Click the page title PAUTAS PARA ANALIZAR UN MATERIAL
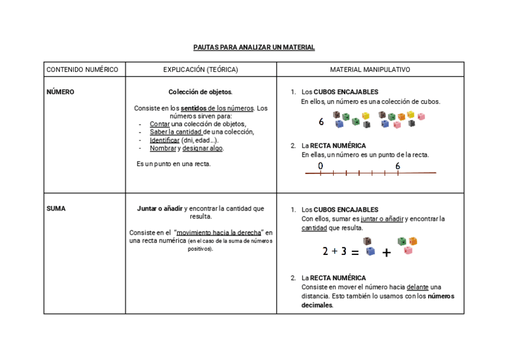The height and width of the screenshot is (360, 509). pyautogui.click(x=254, y=47)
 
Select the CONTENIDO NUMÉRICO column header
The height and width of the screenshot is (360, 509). pyautogui.click(x=82, y=70)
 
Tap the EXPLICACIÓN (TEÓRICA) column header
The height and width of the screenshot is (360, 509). pyautogui.click(x=200, y=70)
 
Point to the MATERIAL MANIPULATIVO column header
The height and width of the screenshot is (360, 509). pyautogui.click(x=370, y=70)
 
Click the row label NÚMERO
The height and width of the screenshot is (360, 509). pyautogui.click(x=61, y=92)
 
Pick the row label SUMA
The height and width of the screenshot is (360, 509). pyautogui.click(x=56, y=209)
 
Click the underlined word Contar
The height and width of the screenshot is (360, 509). pyautogui.click(x=160, y=124)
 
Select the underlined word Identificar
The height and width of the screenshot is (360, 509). pyautogui.click(x=164, y=140)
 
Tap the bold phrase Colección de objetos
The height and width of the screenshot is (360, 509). pyautogui.click(x=200, y=92)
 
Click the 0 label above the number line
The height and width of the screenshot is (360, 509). pyautogui.click(x=321, y=166)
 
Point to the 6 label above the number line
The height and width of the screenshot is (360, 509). pyautogui.click(x=398, y=166)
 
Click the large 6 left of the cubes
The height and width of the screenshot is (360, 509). pyautogui.click(x=322, y=122)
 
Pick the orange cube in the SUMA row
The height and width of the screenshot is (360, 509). pyautogui.click(x=413, y=241)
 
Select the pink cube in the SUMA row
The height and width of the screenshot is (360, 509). pyautogui.click(x=408, y=250)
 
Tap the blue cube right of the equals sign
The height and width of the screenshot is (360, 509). pyautogui.click(x=370, y=251)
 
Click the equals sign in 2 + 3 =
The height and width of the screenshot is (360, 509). pyautogui.click(x=355, y=253)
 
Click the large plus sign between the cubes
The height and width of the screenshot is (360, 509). pyautogui.click(x=387, y=253)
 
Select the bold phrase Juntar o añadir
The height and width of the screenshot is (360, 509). pyautogui.click(x=160, y=209)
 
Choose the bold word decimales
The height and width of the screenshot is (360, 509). pyautogui.click(x=317, y=305)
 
